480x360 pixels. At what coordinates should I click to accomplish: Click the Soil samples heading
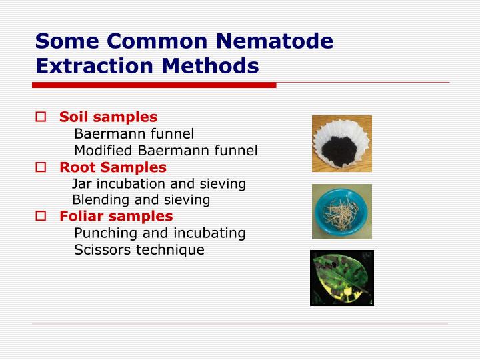click(108, 117)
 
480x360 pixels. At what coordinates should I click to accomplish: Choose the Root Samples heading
click(113, 167)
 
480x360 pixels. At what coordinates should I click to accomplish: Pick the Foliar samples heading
click(116, 216)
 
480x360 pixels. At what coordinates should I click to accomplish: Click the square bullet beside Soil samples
click(41, 117)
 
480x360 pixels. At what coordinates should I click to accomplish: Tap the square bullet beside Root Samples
click(41, 167)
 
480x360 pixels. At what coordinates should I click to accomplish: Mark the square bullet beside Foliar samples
click(41, 216)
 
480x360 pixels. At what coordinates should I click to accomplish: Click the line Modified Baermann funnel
click(165, 151)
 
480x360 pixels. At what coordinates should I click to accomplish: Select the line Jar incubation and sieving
click(159, 183)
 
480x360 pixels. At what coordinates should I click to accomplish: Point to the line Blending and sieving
click(141, 200)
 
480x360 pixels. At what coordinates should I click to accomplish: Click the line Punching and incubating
click(159, 233)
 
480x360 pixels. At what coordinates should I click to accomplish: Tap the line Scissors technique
click(139, 250)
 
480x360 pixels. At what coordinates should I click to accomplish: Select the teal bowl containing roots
click(342, 211)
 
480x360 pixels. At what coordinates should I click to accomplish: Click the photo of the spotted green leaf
click(342, 278)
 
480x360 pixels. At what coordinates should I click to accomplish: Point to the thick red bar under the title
click(154, 85)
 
